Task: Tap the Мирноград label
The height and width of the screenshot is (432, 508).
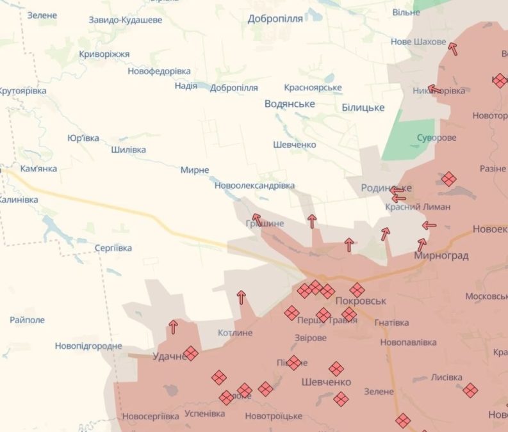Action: [441, 256]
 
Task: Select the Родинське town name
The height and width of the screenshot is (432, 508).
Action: [386, 188]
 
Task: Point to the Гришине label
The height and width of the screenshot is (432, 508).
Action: [265, 223]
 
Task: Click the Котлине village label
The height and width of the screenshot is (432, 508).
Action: [234, 333]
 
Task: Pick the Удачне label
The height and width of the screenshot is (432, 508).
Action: [169, 356]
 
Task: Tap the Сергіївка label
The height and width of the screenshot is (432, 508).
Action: [113, 248]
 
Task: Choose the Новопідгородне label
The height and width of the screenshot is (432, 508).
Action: [88, 346]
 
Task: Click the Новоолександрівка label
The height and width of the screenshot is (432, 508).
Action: [254, 185]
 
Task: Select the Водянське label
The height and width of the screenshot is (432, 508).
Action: [290, 104]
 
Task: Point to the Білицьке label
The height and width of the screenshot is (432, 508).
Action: [363, 108]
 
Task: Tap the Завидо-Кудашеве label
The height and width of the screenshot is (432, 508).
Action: [126, 20]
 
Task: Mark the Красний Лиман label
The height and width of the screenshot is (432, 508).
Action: [418, 207]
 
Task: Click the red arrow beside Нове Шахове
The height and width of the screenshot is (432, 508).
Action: [454, 49]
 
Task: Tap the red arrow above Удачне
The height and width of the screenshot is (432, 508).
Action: [173, 327]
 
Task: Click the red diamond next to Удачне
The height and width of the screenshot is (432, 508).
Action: [190, 353]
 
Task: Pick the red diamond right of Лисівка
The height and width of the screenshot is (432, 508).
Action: [470, 390]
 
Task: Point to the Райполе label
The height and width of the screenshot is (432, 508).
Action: [28, 319]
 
